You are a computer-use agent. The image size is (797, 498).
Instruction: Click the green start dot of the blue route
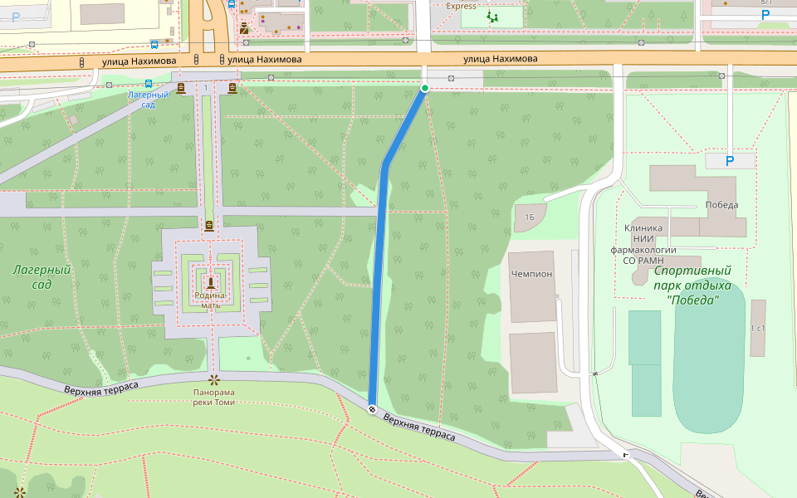(425, 88)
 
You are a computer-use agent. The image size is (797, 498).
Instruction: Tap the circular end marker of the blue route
(372, 408)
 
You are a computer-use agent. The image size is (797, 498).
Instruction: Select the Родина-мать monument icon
(211, 282)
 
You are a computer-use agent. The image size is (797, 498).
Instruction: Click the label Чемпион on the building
(531, 273)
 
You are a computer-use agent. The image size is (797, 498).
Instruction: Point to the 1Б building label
(529, 217)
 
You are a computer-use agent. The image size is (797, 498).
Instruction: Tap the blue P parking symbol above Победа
(730, 161)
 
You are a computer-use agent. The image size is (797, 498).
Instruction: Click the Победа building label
(721, 205)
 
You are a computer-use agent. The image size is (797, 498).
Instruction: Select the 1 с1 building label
(757, 329)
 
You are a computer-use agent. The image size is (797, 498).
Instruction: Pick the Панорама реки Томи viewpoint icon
(213, 380)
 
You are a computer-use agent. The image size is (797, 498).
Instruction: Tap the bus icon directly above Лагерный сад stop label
(148, 83)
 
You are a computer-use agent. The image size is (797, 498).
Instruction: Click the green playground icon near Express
(493, 17)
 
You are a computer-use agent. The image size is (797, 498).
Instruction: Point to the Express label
(462, 6)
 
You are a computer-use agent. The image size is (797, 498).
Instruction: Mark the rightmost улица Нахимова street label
(500, 59)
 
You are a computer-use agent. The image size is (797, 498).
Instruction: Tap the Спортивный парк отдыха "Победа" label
(692, 285)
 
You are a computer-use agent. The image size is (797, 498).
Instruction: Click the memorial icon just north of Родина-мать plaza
(208, 225)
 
